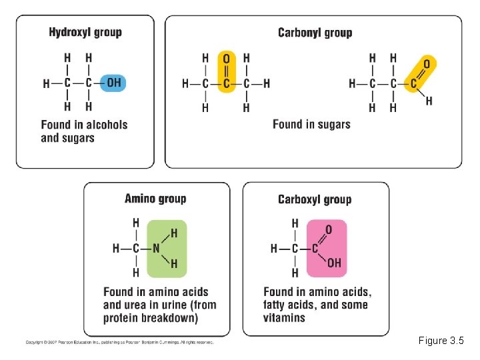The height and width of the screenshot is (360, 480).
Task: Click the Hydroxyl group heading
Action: click(85, 32)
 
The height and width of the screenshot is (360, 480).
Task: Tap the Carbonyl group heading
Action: click(315, 32)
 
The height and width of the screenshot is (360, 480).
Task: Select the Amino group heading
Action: click(155, 198)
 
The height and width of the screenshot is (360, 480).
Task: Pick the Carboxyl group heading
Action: click(315, 199)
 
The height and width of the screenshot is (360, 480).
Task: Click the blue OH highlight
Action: click(113, 83)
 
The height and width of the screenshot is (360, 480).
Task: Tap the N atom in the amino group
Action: click(156, 248)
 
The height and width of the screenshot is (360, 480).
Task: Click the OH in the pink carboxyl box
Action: click(333, 263)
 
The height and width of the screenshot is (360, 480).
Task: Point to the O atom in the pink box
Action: click(329, 230)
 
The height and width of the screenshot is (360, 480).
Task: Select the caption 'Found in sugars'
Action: click(311, 124)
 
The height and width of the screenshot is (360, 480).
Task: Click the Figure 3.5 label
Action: click(441, 341)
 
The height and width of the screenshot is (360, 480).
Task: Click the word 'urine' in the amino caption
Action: click(175, 305)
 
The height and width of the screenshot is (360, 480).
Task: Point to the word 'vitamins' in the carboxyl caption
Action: click(285, 317)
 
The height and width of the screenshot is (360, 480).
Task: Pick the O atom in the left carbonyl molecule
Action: click(226, 58)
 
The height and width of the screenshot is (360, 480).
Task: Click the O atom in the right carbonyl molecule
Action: click(427, 64)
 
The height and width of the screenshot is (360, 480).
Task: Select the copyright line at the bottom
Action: click(120, 342)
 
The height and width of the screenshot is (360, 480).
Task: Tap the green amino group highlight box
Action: click(167, 248)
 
